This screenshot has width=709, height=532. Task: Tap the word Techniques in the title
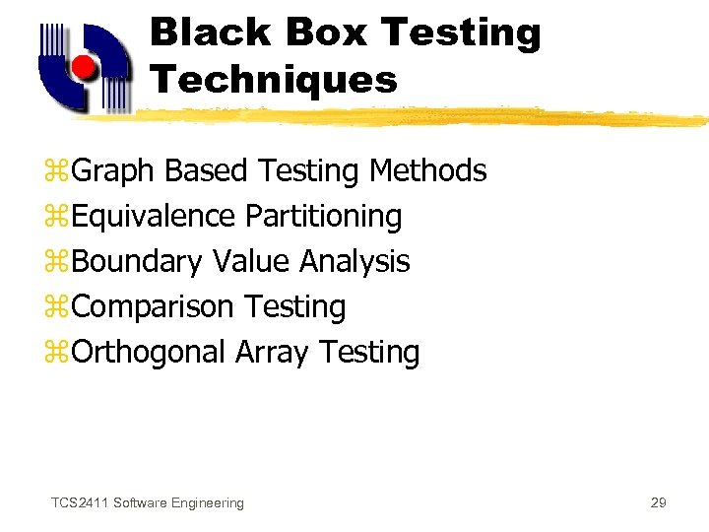click(274, 79)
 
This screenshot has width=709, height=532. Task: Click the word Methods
click(428, 170)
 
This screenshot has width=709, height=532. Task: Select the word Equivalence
click(154, 216)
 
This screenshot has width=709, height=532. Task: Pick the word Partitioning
click(324, 216)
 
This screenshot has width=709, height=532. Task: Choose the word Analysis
click(354, 262)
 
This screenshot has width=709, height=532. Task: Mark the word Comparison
click(153, 307)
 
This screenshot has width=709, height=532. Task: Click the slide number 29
click(659, 503)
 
